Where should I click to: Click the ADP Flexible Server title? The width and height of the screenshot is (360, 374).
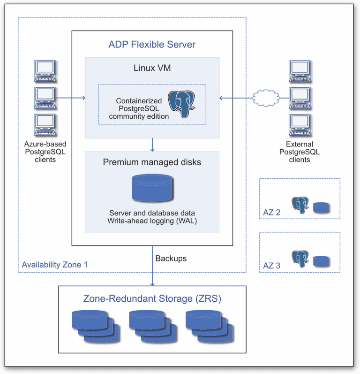point(152,45)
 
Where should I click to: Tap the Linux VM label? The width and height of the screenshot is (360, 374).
point(152,68)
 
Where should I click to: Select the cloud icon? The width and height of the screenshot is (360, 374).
point(265,98)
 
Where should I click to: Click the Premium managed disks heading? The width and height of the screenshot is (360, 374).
point(152,162)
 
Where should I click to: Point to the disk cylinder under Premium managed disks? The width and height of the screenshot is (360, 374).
point(152,188)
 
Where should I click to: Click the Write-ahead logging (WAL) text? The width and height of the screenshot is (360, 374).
point(152,221)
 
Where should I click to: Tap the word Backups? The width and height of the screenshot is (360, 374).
point(171,259)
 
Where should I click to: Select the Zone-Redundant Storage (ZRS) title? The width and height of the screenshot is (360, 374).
point(152,298)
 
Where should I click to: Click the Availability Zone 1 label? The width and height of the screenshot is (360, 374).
point(55,264)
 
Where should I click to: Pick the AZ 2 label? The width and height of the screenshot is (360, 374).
point(272,213)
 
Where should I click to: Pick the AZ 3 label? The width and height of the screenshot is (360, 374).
point(272,266)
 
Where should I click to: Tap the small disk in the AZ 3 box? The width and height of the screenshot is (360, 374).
point(321,260)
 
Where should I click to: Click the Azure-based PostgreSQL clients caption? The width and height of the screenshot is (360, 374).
point(45,152)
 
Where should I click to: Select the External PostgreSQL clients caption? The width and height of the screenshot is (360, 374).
point(300,152)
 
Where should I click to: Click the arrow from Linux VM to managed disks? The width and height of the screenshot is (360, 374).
point(152,145)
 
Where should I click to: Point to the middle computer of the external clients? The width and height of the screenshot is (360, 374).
point(300,97)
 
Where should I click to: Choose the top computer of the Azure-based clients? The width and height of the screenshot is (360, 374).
point(45,71)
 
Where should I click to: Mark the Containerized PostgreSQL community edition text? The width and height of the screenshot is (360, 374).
point(139,108)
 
